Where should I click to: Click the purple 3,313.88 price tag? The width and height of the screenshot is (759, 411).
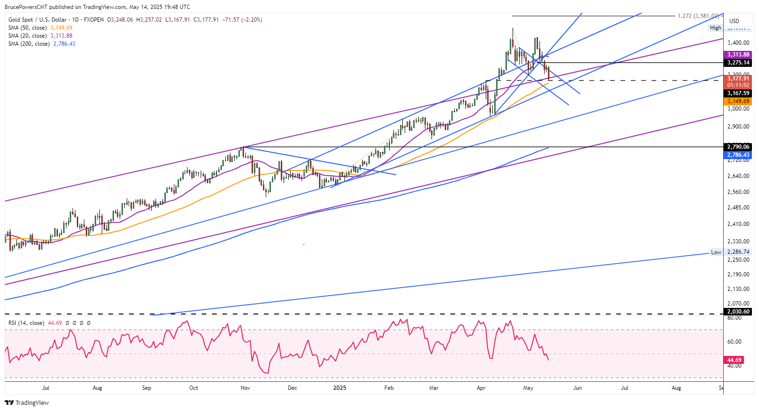738,55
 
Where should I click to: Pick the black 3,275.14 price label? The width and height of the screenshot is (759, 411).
738,63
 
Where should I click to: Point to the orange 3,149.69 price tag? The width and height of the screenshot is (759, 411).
738,101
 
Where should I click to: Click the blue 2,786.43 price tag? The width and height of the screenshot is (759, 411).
738,155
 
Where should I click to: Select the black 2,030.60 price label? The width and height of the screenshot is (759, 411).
738,312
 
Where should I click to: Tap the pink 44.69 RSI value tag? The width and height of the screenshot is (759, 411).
735,360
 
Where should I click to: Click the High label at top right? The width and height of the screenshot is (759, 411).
715,28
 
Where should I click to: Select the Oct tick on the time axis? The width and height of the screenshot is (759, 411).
194,388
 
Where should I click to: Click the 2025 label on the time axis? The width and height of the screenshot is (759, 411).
339,388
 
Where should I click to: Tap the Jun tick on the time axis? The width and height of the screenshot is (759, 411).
577,388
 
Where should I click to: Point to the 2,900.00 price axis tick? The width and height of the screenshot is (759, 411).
738,127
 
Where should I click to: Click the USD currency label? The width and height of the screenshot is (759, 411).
734,21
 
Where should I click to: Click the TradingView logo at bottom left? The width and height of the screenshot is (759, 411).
27,403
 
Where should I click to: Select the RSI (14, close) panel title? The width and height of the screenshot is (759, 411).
26,323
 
